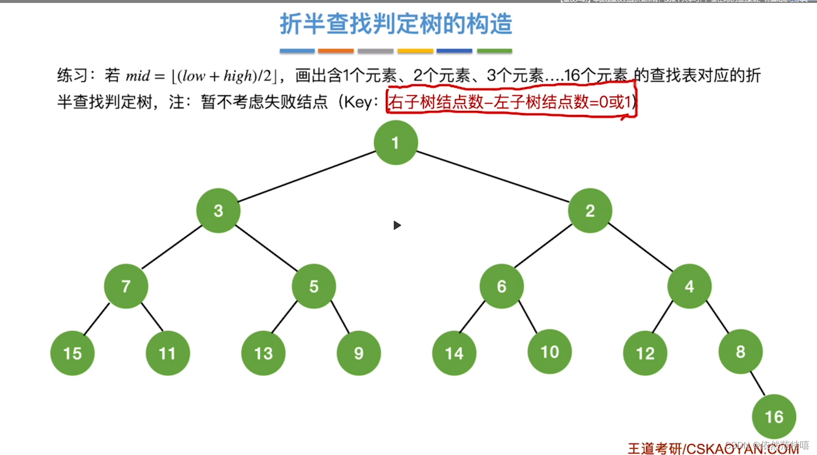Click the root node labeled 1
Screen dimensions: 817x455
[396, 143]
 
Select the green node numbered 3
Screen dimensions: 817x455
[218, 211]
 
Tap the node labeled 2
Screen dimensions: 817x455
[590, 211]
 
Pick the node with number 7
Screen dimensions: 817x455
[126, 286]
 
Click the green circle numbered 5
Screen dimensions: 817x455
[314, 286]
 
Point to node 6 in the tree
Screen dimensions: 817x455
[501, 286]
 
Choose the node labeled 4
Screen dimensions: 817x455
[689, 286]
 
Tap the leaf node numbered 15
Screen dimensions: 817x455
[72, 353]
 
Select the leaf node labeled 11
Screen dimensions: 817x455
[168, 353]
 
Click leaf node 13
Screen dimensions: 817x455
[263, 353]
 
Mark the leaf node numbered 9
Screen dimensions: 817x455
[358, 353]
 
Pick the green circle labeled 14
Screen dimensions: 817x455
[454, 353]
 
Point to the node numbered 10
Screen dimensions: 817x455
[550, 352]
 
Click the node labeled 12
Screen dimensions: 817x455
[645, 353]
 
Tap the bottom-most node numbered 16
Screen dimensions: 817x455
[774, 417]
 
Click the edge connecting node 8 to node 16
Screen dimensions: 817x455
[758, 384]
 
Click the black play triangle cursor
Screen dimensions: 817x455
[397, 225]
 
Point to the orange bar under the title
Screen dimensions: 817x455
[336, 51]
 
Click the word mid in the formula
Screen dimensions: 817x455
[138, 76]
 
